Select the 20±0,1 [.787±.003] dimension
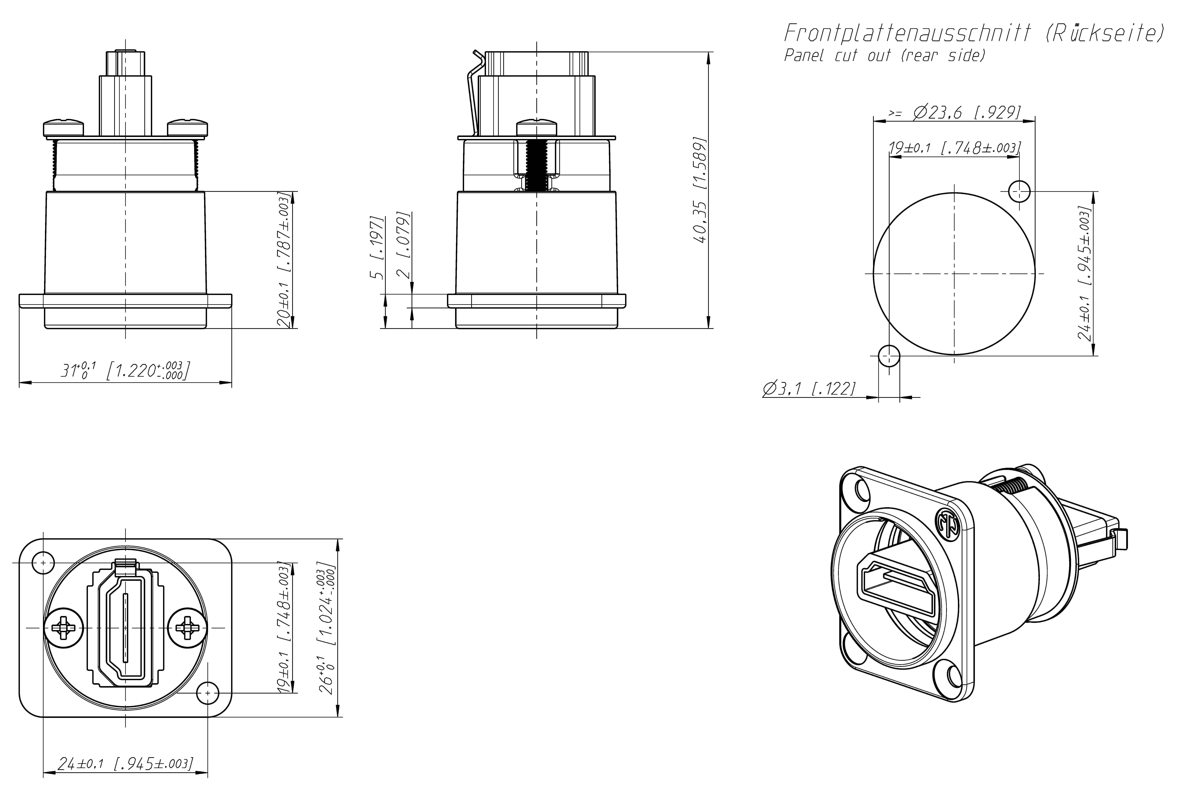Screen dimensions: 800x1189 click(x=284, y=260)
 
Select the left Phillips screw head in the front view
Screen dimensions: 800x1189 click(x=63, y=627)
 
